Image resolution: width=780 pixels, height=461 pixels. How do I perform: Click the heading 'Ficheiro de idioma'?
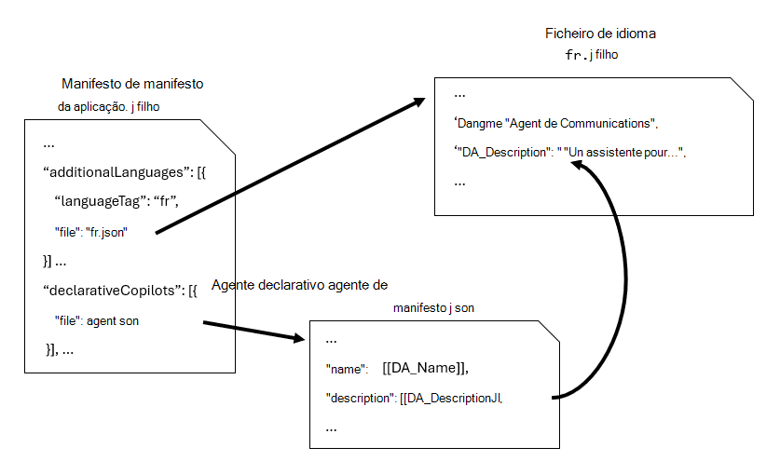pyautogui.click(x=600, y=34)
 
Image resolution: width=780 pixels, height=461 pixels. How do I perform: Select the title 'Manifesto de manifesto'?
pyautogui.click(x=132, y=84)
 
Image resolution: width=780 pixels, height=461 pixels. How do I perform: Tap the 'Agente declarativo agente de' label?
pyautogui.click(x=300, y=284)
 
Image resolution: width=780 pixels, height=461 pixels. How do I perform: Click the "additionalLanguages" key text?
pyautogui.click(x=115, y=171)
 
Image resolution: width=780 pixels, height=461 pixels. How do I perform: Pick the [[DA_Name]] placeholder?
pyautogui.click(x=425, y=368)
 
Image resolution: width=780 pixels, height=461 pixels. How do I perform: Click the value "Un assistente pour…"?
pyautogui.click(x=623, y=153)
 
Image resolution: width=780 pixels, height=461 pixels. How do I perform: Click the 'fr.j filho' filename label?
pyautogui.click(x=592, y=55)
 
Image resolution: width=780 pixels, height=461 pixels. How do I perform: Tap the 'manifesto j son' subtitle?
pyautogui.click(x=433, y=306)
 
